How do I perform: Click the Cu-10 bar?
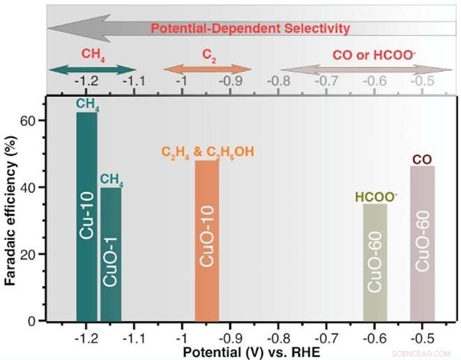pos(86,216)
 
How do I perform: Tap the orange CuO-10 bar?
pos(207,240)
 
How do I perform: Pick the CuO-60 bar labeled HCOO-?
pos(375,262)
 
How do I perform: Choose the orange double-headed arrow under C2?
pos(206,68)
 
